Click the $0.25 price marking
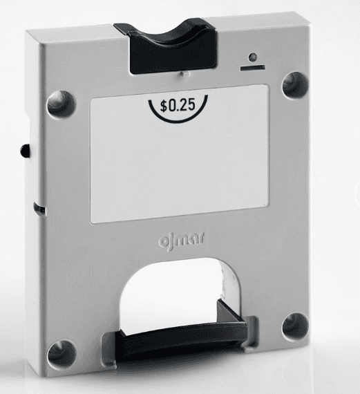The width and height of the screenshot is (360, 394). (x=178, y=105)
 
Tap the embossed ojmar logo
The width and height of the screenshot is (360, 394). (x=181, y=239)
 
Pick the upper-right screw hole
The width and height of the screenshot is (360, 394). (x=295, y=85)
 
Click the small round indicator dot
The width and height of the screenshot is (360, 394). (x=253, y=57)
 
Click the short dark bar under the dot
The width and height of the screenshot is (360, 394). (x=252, y=67)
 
